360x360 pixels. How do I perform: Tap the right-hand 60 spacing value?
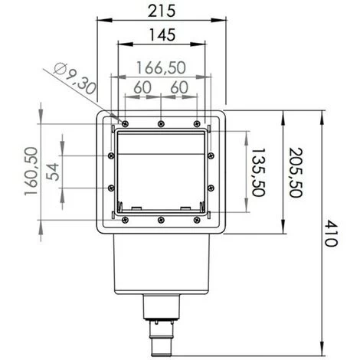tap(179, 87)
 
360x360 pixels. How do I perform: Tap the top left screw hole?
tap(123, 123)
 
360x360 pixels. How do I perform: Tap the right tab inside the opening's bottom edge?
tap(185, 208)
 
